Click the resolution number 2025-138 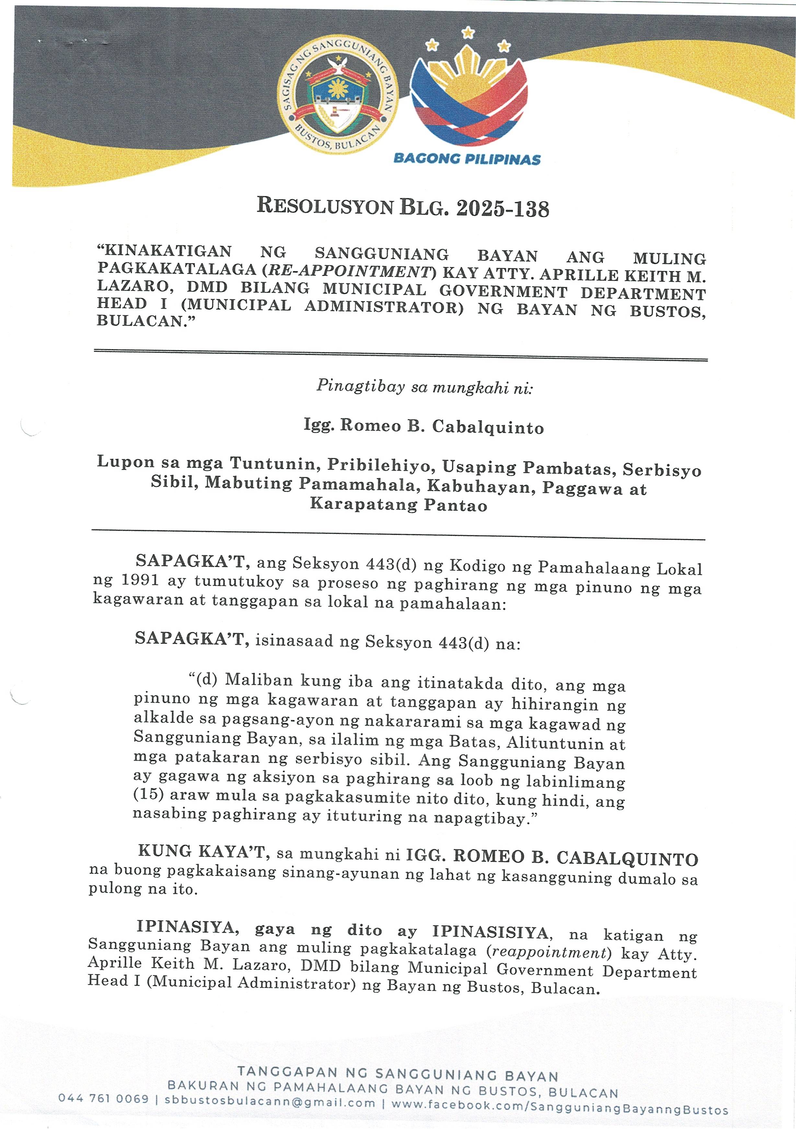click(502, 208)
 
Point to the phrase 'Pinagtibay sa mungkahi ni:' click(425, 387)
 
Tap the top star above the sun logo click(467, 33)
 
